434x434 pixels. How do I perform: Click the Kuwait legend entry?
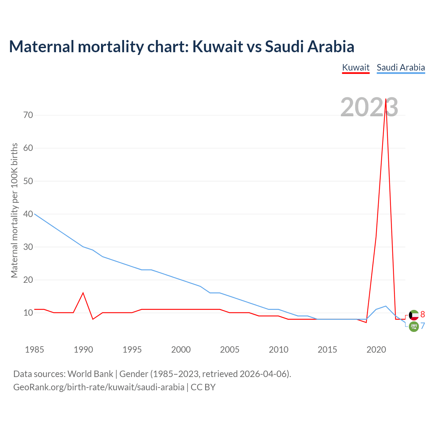[x=356, y=67]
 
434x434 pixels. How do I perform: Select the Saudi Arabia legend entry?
[x=401, y=67]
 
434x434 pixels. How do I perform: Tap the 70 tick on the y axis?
[x=28, y=115]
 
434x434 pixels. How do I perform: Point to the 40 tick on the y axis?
[x=28, y=214]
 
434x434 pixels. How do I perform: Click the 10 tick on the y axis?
[x=28, y=313]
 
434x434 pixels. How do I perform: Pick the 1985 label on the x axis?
[x=34, y=350]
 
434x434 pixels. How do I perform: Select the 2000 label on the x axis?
[x=181, y=350]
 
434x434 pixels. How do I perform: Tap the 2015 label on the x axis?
[x=327, y=350]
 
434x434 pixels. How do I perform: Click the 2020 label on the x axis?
[x=376, y=350]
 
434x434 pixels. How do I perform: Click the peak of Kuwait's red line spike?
[x=386, y=99]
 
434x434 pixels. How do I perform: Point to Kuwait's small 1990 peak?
[x=83, y=293]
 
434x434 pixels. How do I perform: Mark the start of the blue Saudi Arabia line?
[x=35, y=214]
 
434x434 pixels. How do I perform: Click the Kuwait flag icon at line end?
[x=414, y=315]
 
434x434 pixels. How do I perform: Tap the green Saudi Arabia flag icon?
[x=414, y=327]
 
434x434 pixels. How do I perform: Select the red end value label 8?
[x=422, y=314]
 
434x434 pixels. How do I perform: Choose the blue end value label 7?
[x=422, y=326]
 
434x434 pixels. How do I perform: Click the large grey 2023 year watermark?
[x=369, y=107]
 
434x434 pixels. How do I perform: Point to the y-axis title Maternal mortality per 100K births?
[x=14, y=210]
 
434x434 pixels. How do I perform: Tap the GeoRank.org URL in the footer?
[x=99, y=387]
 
